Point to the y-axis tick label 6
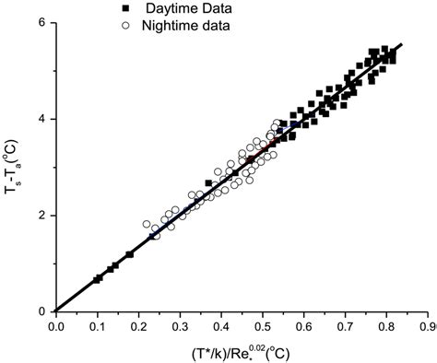(42, 22)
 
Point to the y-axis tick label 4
(42, 119)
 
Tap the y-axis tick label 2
(42, 216)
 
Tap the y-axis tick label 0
(42, 311)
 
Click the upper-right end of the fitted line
(403, 43)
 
